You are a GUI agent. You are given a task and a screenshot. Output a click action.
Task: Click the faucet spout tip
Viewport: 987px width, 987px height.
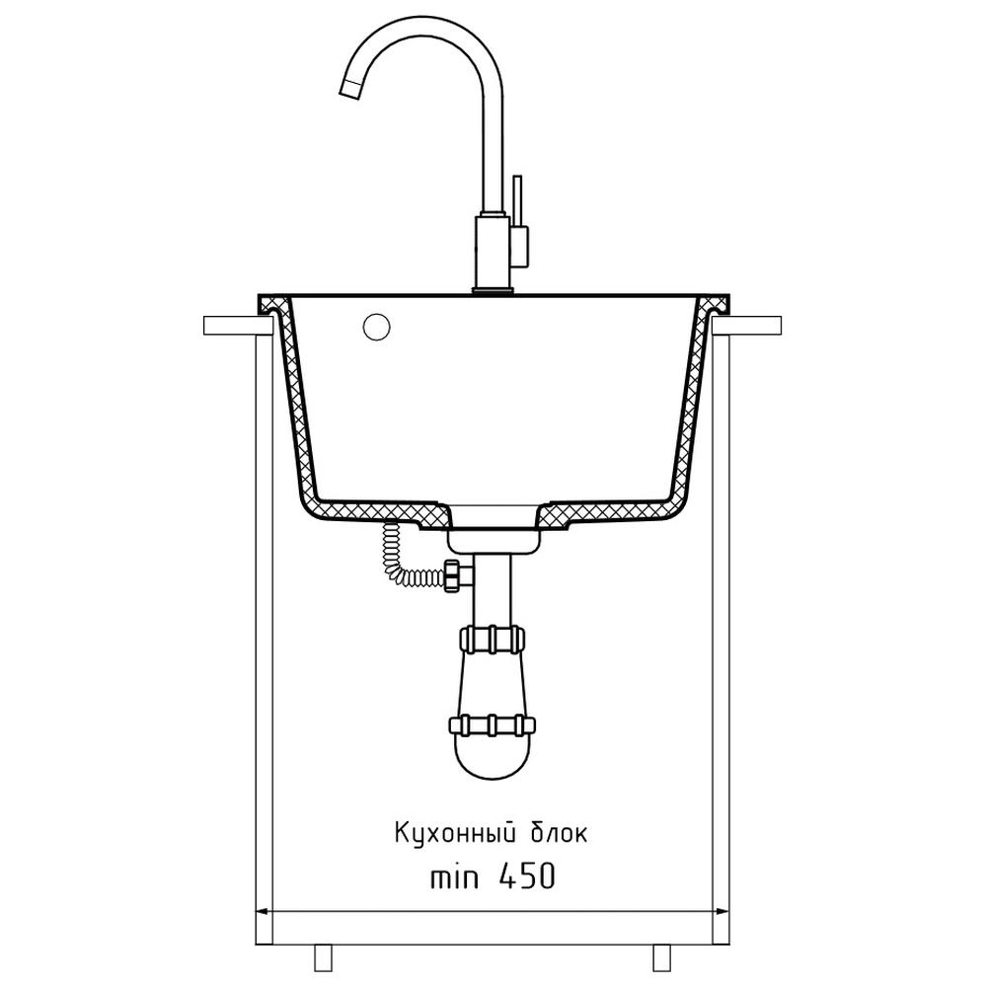pos(349,89)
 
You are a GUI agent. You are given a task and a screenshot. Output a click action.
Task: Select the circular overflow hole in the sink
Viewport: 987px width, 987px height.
pos(376,327)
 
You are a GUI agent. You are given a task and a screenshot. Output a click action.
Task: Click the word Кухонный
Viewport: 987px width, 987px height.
pos(449,833)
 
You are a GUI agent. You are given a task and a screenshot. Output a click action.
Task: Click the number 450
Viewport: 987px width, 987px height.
pos(527,875)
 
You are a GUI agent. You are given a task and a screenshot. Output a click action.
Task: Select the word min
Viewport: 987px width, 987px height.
pos(453,876)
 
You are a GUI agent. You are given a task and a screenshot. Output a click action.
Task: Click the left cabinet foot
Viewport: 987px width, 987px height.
pos(323,957)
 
